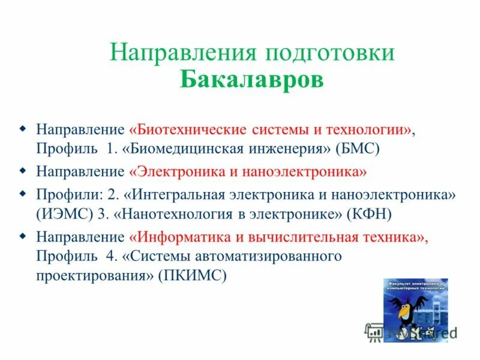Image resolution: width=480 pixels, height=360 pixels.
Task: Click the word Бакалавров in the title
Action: point(251,80)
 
